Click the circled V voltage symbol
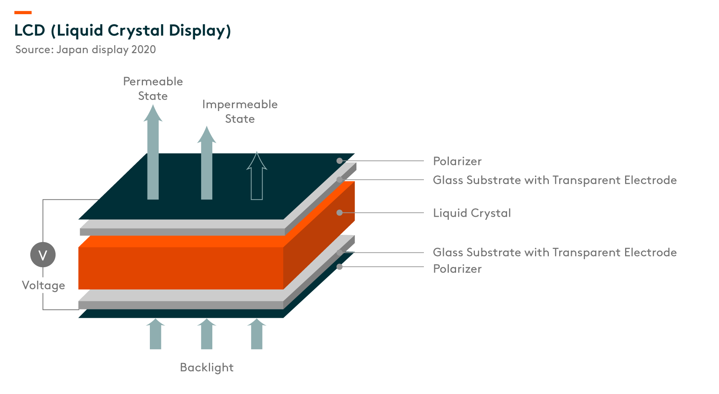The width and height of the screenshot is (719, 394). (43, 255)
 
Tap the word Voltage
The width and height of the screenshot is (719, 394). (43, 286)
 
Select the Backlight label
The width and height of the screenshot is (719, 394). (207, 368)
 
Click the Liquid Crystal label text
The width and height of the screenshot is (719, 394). (472, 213)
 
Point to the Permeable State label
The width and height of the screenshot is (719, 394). (153, 88)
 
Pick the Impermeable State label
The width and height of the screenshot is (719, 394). (240, 111)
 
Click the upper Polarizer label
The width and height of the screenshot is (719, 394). (457, 161)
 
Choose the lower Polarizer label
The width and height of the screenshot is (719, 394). (457, 269)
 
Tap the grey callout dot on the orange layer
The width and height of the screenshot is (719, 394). (340, 213)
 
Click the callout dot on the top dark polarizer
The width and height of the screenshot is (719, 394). (340, 161)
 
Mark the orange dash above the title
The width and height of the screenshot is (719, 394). (23, 13)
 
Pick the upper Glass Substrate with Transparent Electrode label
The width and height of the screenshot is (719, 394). (555, 180)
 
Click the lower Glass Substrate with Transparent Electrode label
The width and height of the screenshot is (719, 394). (555, 252)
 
